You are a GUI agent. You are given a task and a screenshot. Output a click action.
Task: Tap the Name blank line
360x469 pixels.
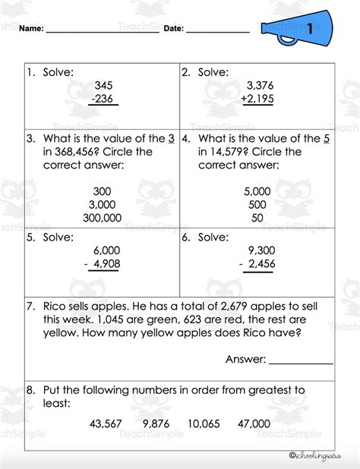pos(102,33)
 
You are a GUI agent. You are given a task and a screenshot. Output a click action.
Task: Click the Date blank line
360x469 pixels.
pos(217,33)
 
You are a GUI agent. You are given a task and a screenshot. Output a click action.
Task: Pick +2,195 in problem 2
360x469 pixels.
pos(258,100)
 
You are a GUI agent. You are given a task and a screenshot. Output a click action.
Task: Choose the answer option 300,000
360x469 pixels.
pos(101,218)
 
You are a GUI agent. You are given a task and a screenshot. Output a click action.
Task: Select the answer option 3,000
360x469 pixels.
pos(101,204)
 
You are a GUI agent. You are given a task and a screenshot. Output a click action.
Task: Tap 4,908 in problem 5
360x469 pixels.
pos(107,265)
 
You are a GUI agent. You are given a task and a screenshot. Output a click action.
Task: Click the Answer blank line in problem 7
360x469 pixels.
pos(301,360)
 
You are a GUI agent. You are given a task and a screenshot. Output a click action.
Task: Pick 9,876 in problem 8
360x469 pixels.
pos(157,423)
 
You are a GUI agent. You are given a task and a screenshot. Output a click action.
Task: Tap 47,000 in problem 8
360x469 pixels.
pos(253,423)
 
